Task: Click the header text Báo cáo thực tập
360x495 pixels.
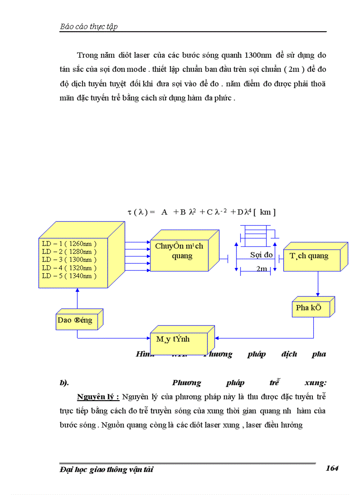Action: click(x=89, y=27)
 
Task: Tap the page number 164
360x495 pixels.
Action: click(x=332, y=469)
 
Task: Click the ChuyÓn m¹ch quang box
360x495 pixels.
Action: click(x=179, y=251)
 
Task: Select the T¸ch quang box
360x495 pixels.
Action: click(x=309, y=256)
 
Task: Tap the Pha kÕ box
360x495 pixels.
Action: click(x=309, y=308)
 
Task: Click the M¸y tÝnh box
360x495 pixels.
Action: click(x=176, y=339)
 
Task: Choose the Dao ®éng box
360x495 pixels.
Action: click(x=75, y=320)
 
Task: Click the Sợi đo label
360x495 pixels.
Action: click(x=261, y=255)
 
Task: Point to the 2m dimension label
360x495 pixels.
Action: click(x=262, y=269)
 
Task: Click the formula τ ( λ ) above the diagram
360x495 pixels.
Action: click(x=201, y=212)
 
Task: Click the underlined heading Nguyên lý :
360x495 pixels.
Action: click(x=98, y=397)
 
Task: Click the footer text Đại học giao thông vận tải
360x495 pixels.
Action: click(x=106, y=470)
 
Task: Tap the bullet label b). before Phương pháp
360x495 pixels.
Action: click(x=64, y=383)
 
